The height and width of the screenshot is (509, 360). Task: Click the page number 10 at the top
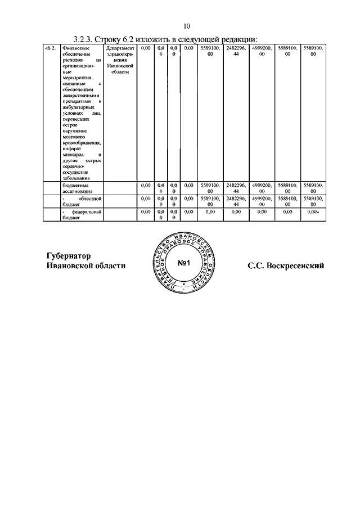coord(187,26)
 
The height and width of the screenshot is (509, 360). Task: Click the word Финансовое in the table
coord(75,49)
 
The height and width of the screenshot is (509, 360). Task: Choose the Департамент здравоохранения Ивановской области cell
coord(120,61)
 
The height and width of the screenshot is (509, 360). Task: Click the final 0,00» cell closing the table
coord(313,212)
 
